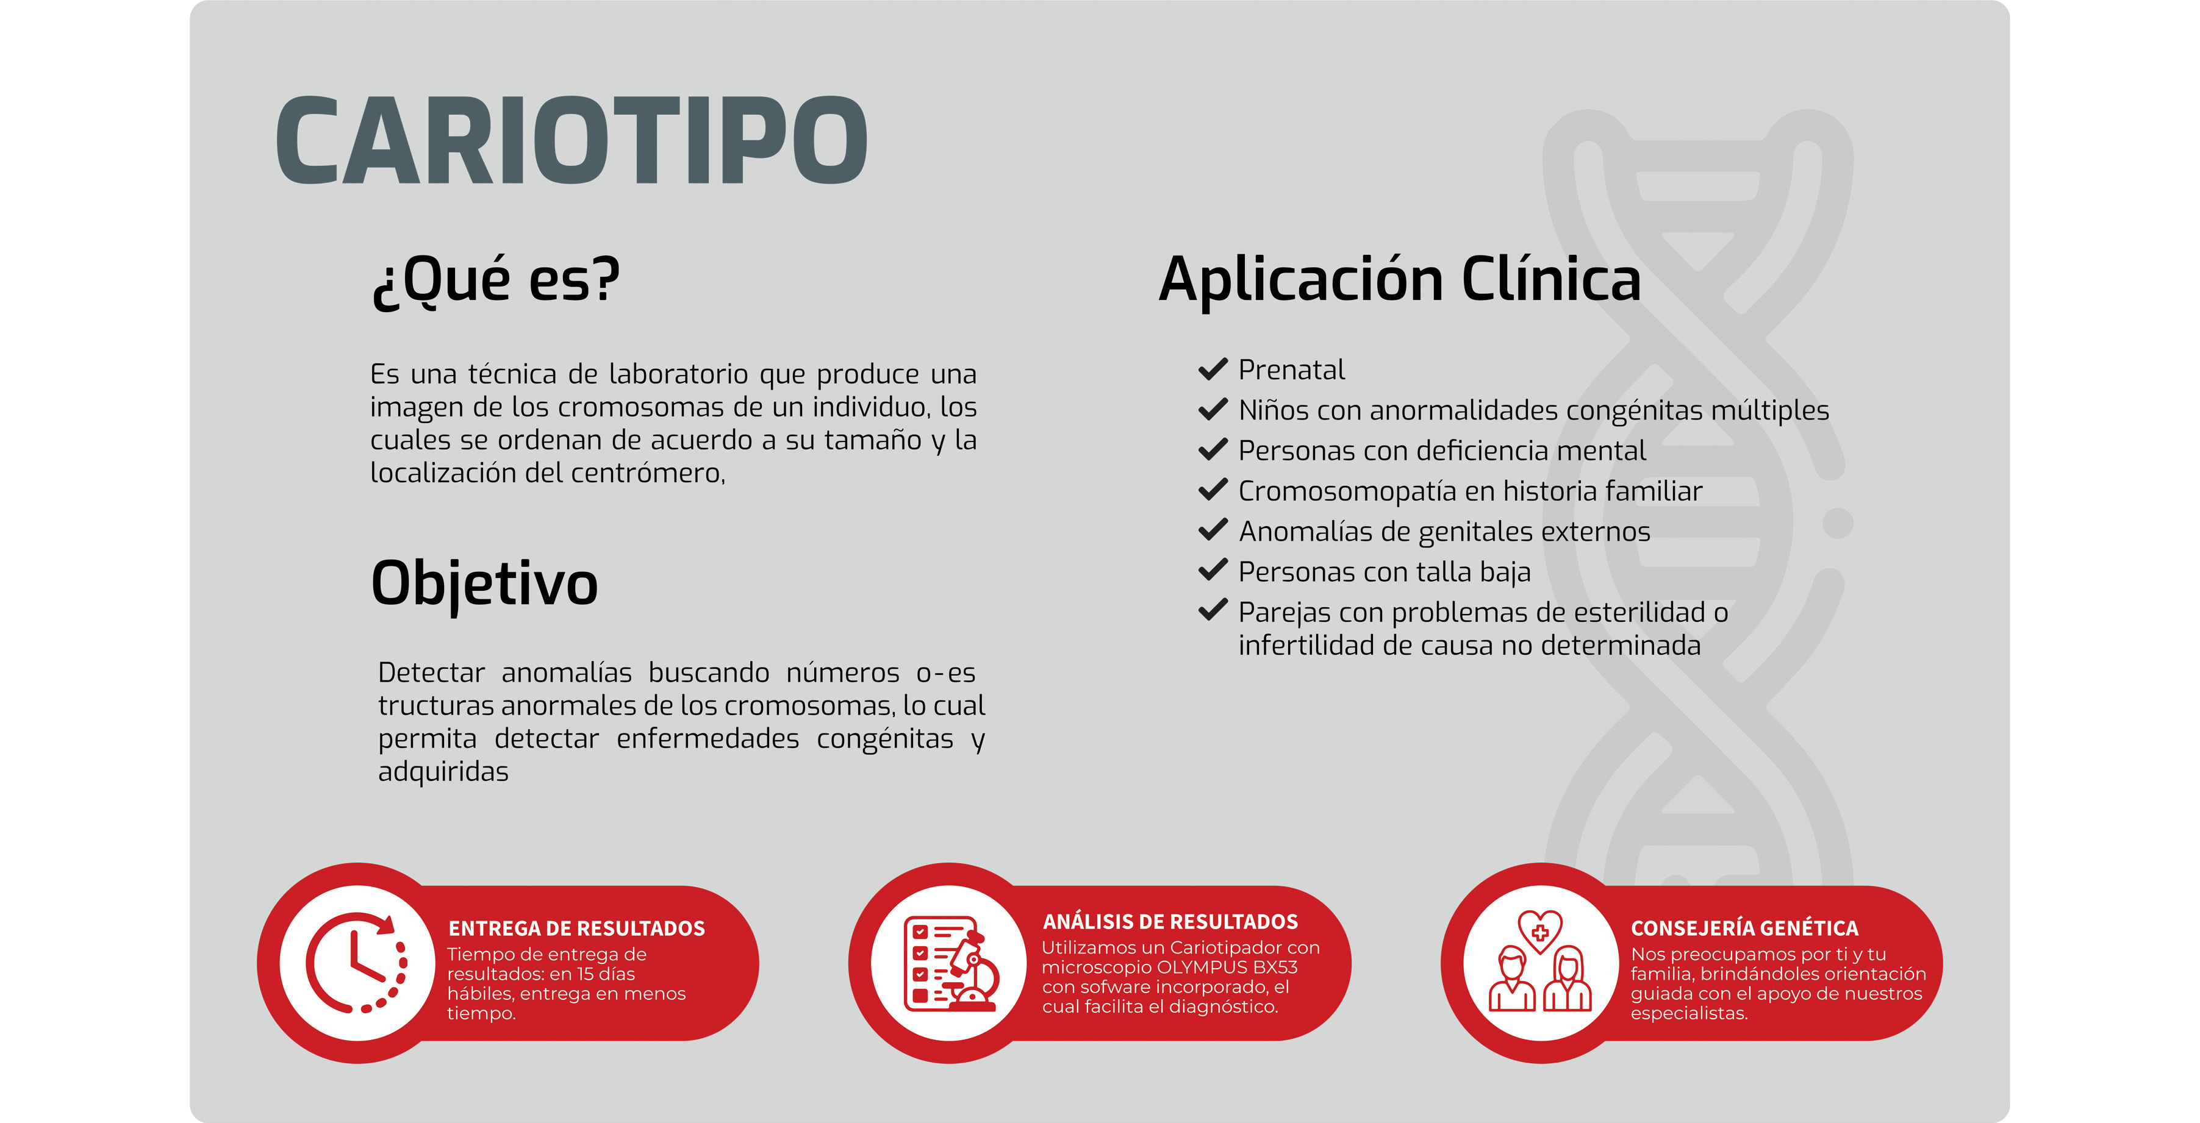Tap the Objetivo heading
484,584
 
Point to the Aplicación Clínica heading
1400,279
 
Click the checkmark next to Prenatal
1213,370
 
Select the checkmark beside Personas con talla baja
1213,571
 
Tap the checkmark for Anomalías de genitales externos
1213,531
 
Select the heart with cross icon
1540,931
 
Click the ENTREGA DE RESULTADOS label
576,929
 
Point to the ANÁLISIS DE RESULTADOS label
1170,921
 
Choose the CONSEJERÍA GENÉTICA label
1744,929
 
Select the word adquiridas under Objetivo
443,772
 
